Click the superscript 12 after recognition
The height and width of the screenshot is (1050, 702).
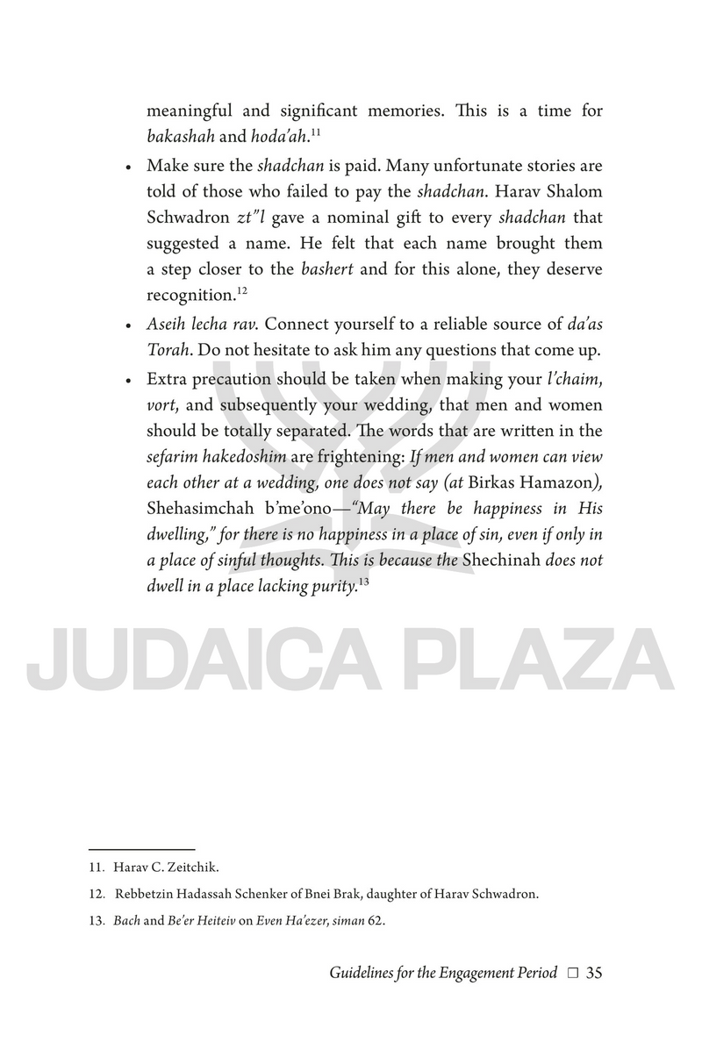(226, 287)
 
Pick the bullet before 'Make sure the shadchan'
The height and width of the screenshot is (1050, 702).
(128, 167)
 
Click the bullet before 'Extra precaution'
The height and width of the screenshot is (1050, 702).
(128, 381)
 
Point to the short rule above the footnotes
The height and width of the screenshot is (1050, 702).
(141, 848)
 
